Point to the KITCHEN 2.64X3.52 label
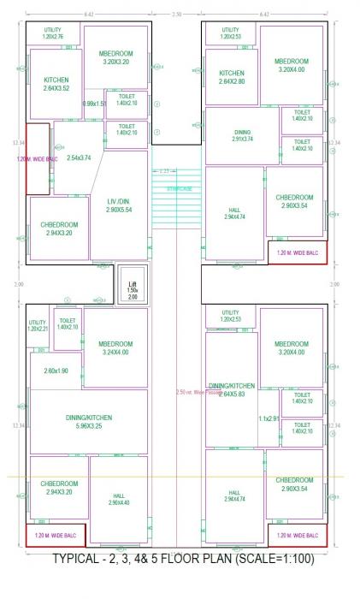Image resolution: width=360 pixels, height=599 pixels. click(x=55, y=84)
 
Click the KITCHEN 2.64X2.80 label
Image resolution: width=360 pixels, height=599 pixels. click(x=232, y=77)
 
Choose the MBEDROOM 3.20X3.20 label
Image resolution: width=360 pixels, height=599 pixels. click(x=114, y=58)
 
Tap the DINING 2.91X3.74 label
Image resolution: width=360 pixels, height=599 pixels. click(x=242, y=136)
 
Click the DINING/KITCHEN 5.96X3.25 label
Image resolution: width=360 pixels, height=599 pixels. click(x=88, y=421)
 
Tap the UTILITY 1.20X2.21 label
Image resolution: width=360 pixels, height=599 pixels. click(x=38, y=326)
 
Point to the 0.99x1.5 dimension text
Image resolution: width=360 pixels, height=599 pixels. click(x=94, y=104)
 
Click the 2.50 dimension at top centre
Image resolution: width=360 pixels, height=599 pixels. click(x=177, y=15)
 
